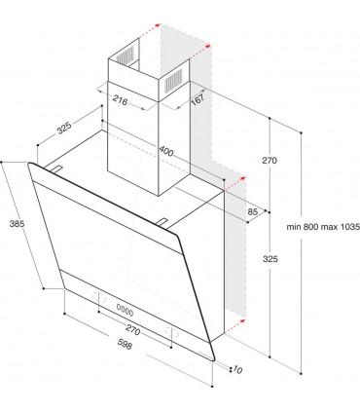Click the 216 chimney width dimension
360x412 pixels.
120,100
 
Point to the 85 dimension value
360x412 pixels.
252,211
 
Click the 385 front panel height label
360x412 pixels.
15,223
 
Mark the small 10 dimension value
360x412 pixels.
237,369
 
